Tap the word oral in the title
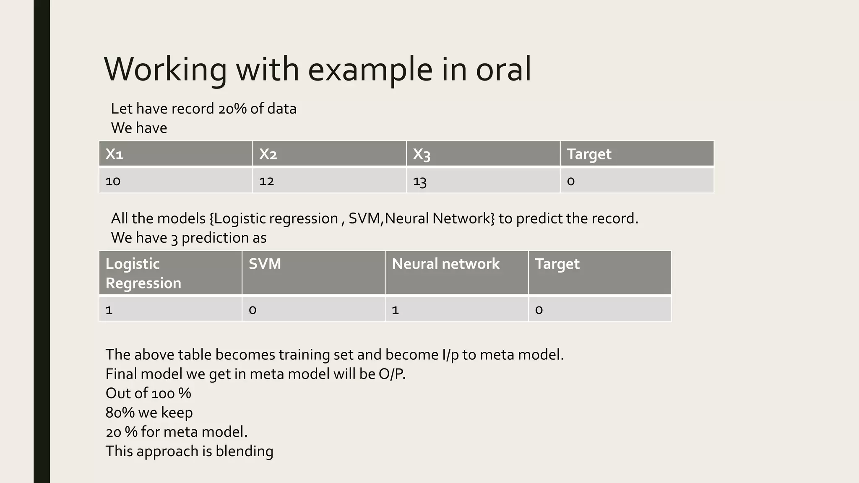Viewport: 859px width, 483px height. (x=503, y=70)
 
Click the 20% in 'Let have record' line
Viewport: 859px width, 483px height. (x=232, y=109)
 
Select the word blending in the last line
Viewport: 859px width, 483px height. (x=244, y=451)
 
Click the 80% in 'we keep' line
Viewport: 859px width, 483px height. (x=120, y=413)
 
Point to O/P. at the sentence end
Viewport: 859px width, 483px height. (x=392, y=374)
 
